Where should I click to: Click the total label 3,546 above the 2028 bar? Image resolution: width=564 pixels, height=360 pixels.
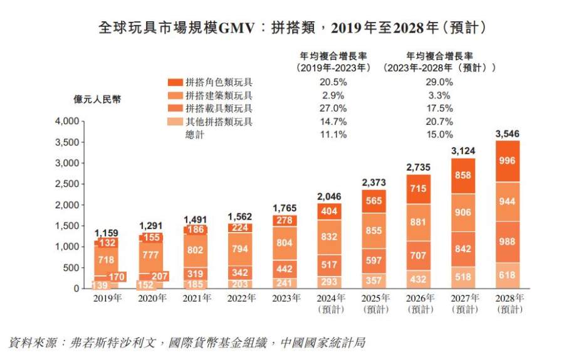(x=508, y=134)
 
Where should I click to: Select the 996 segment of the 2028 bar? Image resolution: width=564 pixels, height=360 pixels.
(x=508, y=161)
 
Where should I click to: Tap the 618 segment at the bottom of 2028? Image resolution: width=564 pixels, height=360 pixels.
(x=508, y=275)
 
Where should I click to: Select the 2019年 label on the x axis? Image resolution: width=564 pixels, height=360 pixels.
(x=107, y=299)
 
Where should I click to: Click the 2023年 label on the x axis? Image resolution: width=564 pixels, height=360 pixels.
(x=285, y=299)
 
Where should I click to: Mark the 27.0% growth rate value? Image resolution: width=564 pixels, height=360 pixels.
(x=333, y=108)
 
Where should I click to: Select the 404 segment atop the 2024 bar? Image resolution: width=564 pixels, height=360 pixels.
(x=329, y=211)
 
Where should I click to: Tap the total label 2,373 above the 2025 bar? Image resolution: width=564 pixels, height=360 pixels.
(x=373, y=182)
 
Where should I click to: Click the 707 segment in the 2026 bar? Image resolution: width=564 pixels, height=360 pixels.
(x=419, y=256)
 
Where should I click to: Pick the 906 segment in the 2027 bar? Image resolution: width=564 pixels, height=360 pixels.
(x=463, y=213)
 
